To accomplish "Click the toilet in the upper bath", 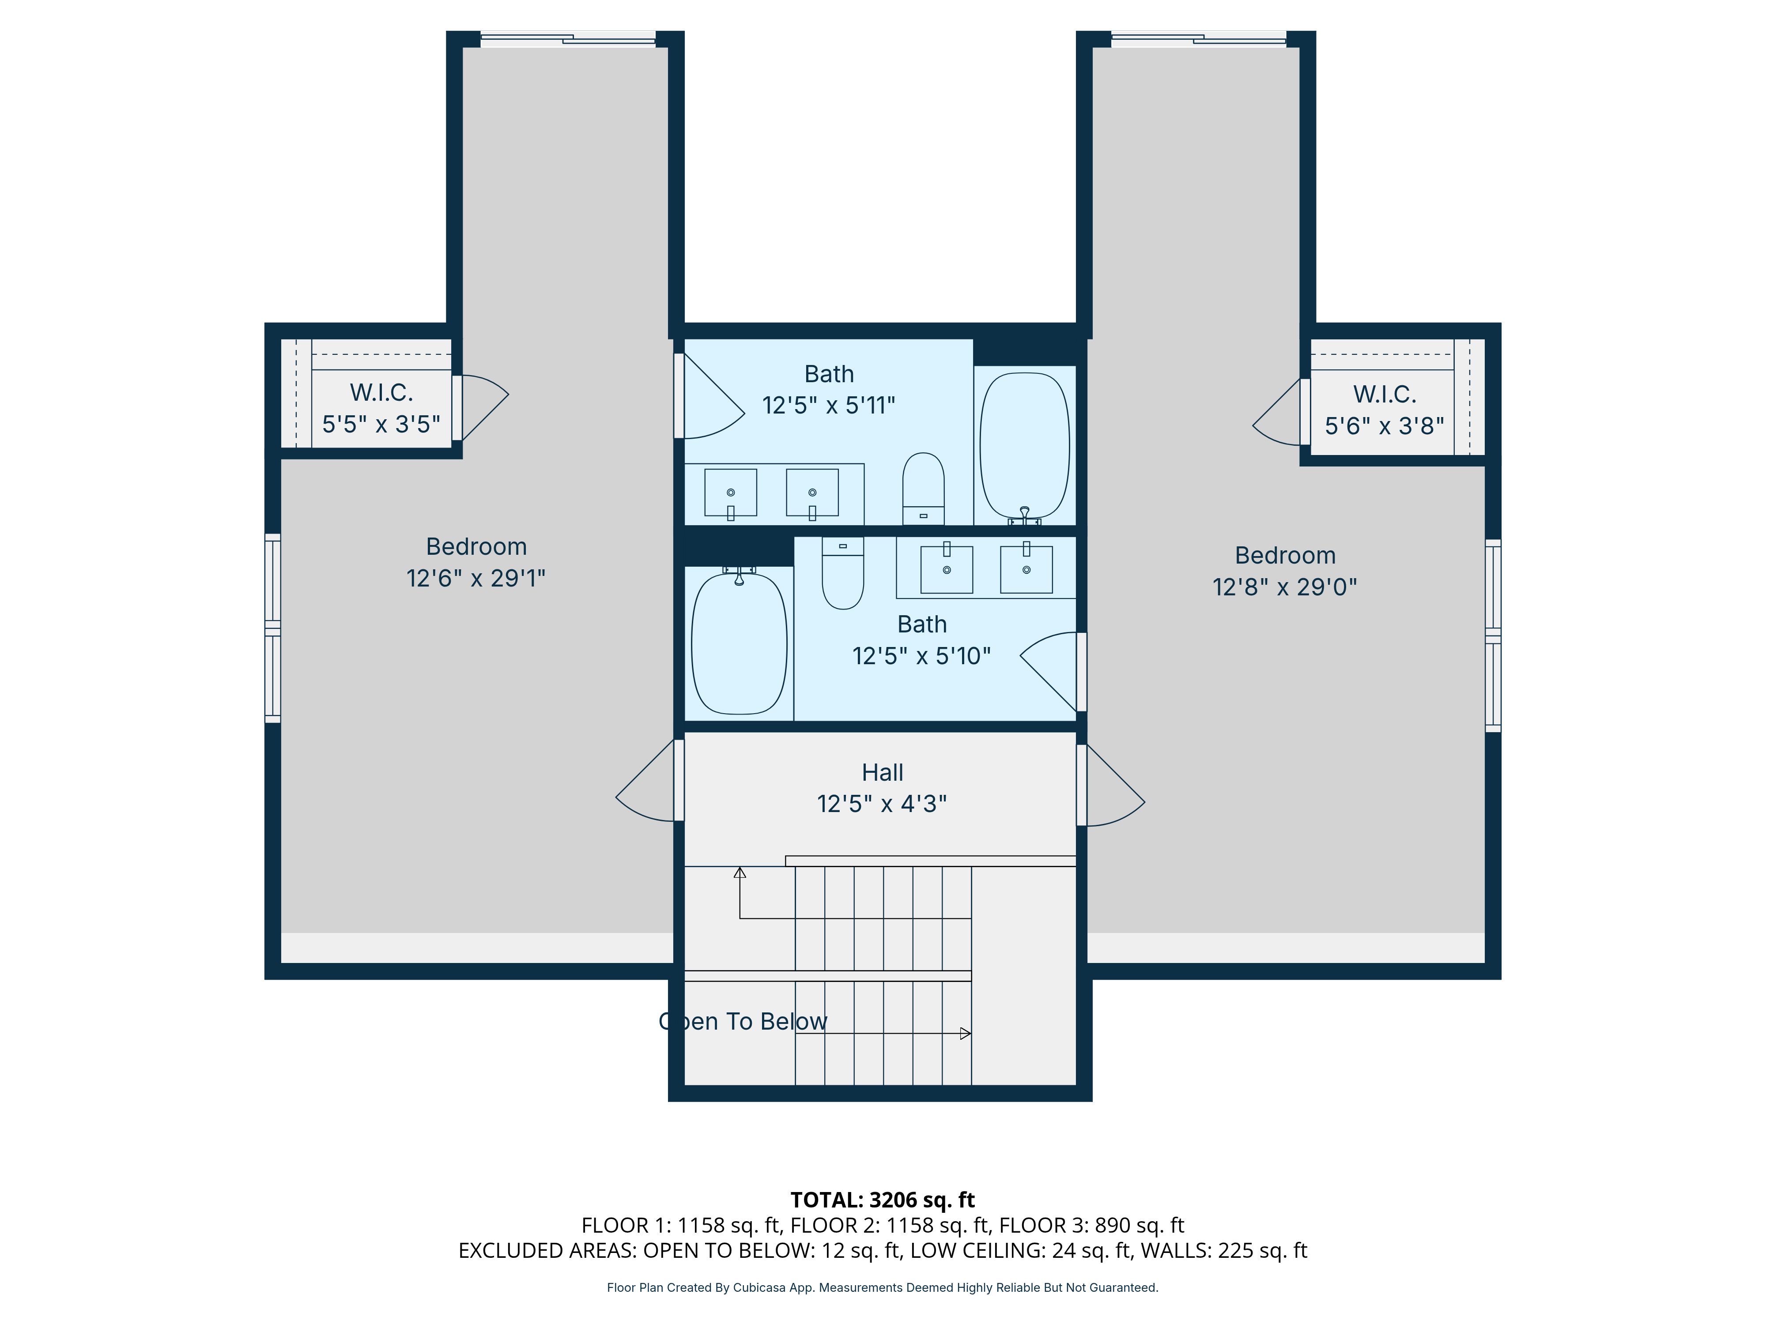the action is pyautogui.click(x=923, y=489).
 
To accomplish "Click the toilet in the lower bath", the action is pyautogui.click(x=842, y=572).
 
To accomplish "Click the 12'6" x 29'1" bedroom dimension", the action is pyautogui.click(x=476, y=578).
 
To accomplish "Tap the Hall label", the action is pyautogui.click(x=882, y=772).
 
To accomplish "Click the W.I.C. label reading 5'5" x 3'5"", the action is pyautogui.click(x=381, y=408).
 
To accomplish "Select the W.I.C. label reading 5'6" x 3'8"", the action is pyautogui.click(x=1385, y=410).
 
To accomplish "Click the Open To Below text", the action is pyautogui.click(x=743, y=1022).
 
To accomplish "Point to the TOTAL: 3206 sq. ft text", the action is pyautogui.click(x=882, y=1200).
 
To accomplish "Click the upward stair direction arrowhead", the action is pyautogui.click(x=740, y=873).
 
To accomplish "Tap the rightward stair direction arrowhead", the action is pyautogui.click(x=965, y=1034).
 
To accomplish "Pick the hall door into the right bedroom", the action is pyautogui.click(x=1111, y=785).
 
